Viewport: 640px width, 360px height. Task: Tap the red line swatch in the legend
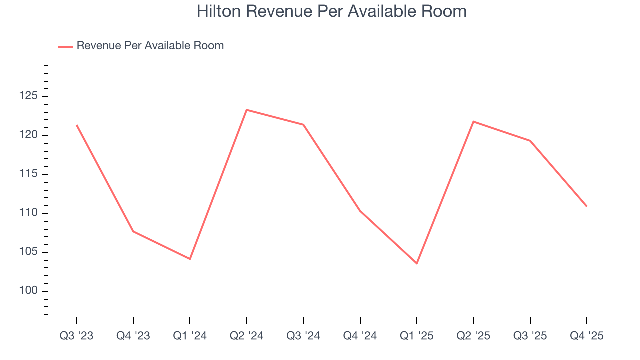[x=65, y=46]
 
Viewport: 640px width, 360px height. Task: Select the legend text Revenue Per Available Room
[x=150, y=46]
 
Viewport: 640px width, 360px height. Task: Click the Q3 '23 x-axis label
[x=76, y=336]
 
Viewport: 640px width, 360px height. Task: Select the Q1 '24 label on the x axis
[x=190, y=336]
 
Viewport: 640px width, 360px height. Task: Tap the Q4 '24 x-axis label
[x=360, y=336]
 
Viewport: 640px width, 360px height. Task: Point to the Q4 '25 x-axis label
[x=586, y=336]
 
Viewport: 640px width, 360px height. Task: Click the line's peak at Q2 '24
[x=247, y=110]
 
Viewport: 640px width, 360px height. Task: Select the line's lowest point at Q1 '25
[x=417, y=263]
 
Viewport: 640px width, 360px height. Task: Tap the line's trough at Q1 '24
[x=190, y=259]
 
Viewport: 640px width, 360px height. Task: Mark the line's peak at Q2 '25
[x=473, y=121]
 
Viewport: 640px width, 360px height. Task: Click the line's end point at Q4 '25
[x=586, y=206]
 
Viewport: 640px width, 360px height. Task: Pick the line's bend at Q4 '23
[x=133, y=231]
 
